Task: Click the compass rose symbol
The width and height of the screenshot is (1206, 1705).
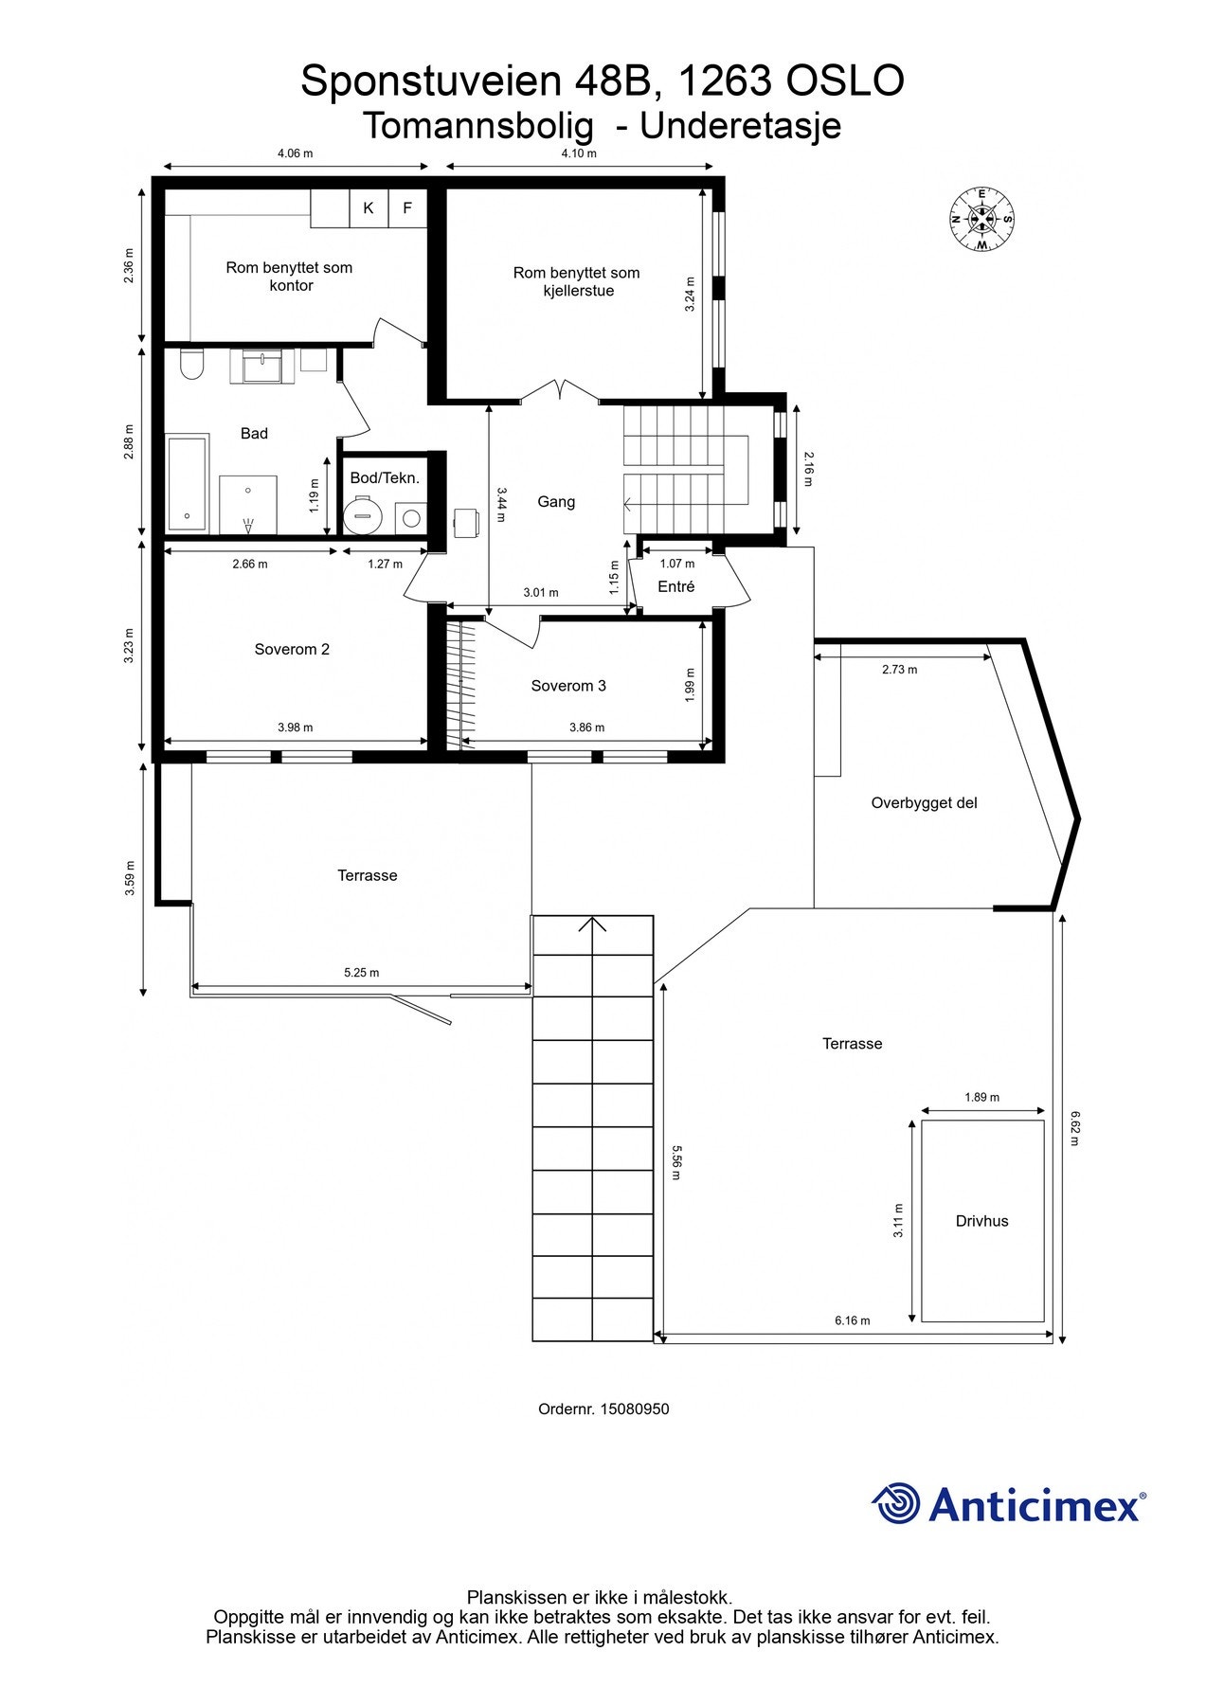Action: click(x=982, y=220)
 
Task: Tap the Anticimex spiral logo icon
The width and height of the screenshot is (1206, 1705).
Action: click(x=896, y=1502)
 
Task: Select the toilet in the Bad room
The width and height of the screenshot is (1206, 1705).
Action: click(x=192, y=363)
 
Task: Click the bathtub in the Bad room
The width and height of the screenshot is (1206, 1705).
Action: click(x=188, y=484)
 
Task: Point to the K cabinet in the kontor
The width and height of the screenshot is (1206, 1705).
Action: click(x=369, y=208)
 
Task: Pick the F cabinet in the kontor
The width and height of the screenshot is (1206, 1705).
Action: click(x=407, y=208)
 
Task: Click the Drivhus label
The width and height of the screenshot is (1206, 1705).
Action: click(x=981, y=1221)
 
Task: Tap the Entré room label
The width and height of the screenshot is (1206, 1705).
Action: click(x=676, y=586)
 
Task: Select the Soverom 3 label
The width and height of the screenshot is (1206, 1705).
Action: click(x=568, y=686)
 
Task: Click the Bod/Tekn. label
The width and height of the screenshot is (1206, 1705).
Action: click(x=385, y=478)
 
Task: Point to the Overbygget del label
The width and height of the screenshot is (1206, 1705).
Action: click(x=924, y=803)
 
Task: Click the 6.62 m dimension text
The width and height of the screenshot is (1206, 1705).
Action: click(x=1073, y=1128)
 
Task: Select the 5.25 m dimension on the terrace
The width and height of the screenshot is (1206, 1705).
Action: click(x=361, y=973)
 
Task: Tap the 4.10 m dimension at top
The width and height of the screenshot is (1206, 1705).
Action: click(x=579, y=153)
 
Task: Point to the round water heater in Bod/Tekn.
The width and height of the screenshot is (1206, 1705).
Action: click(x=361, y=517)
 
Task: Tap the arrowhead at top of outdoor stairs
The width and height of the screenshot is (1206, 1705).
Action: click(x=593, y=924)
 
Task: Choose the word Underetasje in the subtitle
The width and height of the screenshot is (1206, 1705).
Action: click(x=741, y=125)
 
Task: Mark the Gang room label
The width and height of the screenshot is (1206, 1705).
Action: click(x=556, y=502)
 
